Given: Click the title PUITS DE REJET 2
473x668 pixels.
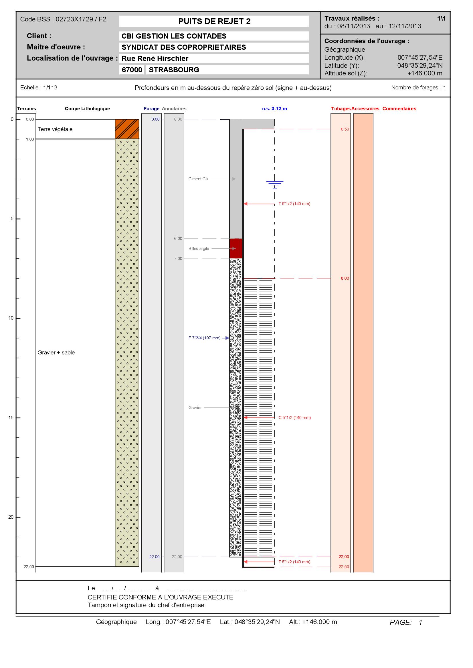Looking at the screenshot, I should click(214, 21).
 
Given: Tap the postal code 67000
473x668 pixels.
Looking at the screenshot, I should click(132, 70).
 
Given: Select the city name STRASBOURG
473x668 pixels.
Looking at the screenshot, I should click(174, 70).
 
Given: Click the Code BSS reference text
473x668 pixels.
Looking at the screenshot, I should click(63, 19).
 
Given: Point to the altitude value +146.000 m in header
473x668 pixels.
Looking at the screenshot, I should click(425, 73).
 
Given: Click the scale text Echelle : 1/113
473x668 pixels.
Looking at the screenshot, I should click(39, 88).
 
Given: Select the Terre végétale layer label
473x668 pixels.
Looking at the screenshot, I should click(55, 129).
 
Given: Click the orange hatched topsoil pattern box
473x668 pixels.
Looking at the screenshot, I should click(127, 129).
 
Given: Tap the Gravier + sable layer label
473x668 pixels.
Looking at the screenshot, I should click(56, 353).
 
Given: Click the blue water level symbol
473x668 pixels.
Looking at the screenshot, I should click(274, 184).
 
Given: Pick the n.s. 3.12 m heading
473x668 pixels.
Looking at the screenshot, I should click(274, 109).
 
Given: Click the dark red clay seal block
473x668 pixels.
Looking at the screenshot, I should click(236, 248).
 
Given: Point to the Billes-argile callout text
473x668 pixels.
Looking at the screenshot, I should click(199, 249).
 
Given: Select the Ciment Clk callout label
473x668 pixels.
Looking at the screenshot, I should click(198, 179).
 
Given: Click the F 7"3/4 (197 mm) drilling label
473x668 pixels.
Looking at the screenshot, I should click(204, 338).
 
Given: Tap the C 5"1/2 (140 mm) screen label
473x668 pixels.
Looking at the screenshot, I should click(294, 418).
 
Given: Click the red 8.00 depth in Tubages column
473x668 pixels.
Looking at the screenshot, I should click(345, 278).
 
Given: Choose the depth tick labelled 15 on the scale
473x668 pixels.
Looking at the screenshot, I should click(11, 418).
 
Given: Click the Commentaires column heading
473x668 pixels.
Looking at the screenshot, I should click(399, 109).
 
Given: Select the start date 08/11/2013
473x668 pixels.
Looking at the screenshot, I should click(353, 26).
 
